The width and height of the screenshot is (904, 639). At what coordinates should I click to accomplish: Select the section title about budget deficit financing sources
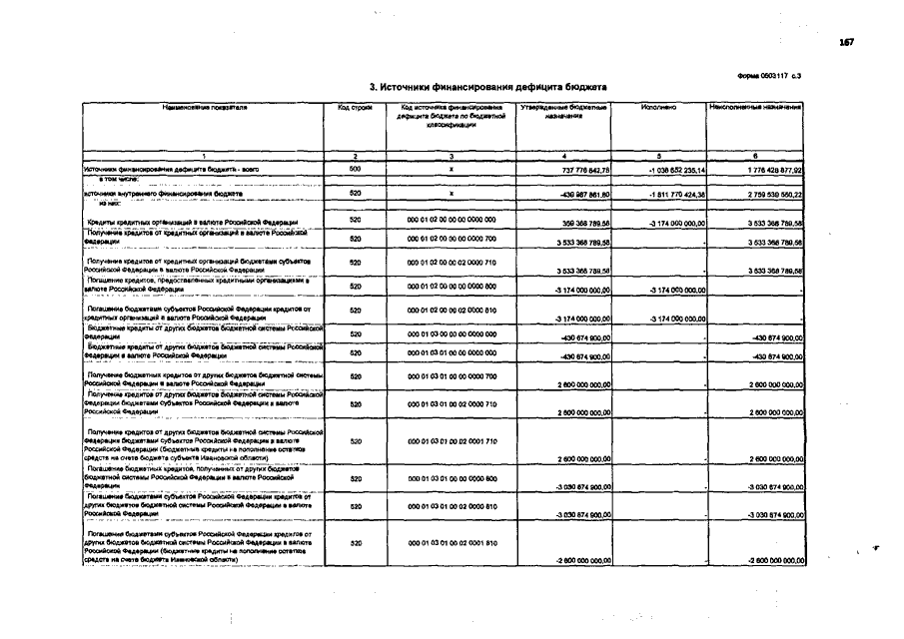tap(487, 88)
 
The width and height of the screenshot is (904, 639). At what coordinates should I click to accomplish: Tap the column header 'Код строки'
tap(355, 106)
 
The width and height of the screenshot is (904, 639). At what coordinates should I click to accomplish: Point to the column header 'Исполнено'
tap(659, 106)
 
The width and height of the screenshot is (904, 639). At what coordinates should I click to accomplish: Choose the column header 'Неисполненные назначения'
tap(755, 106)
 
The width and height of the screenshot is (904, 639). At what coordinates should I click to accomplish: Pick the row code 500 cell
tap(355, 170)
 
